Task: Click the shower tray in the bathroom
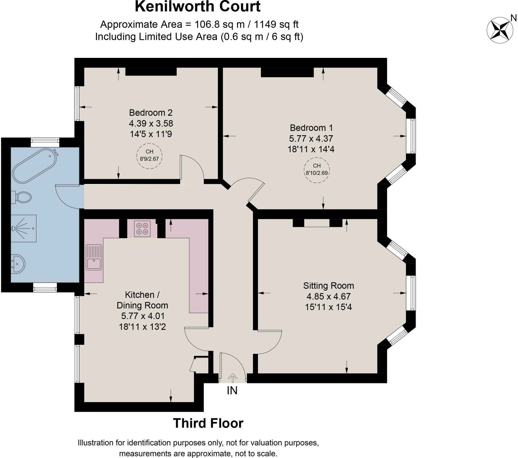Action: click(x=24, y=228)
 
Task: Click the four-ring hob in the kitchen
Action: click(x=142, y=228)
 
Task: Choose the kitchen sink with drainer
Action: click(x=94, y=257)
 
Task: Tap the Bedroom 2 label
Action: click(x=151, y=112)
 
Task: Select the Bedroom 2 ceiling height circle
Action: click(x=149, y=156)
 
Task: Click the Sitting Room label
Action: click(x=329, y=286)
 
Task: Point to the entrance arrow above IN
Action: click(x=232, y=378)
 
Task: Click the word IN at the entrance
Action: click(x=232, y=391)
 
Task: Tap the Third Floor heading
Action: click(x=208, y=423)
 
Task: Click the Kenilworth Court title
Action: click(x=198, y=7)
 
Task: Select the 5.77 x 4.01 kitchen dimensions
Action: click(x=143, y=316)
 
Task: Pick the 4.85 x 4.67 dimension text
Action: click(x=329, y=296)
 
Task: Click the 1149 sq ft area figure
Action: click(x=276, y=25)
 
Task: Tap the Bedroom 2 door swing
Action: click(x=191, y=168)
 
